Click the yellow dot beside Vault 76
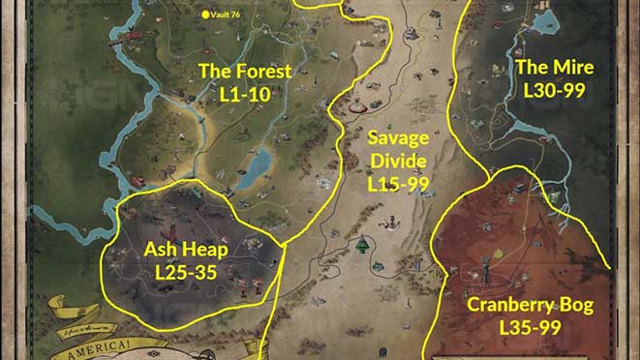click(x=204, y=15)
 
